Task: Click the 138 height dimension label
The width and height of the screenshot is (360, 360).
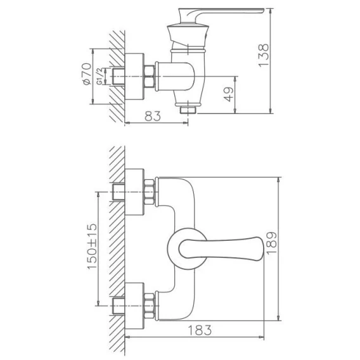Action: tap(263, 55)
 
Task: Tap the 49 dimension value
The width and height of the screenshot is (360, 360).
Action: tap(229, 94)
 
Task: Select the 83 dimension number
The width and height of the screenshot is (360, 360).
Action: tap(153, 116)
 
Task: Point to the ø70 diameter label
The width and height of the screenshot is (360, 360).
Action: tap(87, 74)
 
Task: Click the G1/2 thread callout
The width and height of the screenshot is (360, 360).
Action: tap(100, 77)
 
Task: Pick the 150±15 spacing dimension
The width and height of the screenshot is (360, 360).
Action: tap(92, 246)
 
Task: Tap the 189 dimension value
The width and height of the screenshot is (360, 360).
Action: tap(272, 243)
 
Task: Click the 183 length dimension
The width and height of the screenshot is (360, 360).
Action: tap(200, 330)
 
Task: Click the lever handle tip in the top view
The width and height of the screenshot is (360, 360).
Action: tap(263, 10)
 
